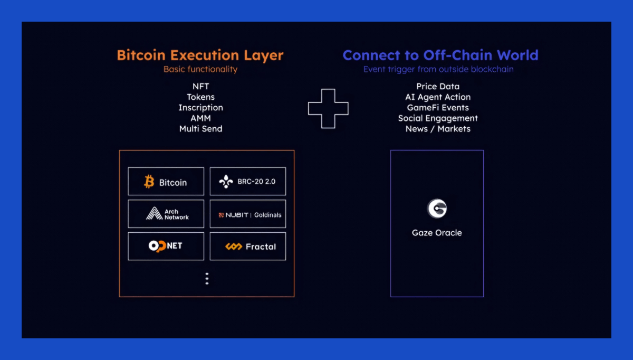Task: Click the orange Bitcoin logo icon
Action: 149,182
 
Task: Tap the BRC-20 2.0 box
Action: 248,182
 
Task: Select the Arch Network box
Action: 166,214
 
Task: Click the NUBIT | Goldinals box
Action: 248,214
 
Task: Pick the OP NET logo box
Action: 166,246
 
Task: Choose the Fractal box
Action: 248,246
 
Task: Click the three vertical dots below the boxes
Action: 207,279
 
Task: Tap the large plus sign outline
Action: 328,108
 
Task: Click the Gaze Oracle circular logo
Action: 437,209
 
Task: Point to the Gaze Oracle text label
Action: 437,232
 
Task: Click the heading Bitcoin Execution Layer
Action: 200,55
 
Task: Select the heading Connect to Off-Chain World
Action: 440,55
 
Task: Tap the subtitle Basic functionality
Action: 200,69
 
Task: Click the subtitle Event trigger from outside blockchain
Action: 438,69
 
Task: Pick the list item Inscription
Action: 200,108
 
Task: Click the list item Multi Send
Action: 200,129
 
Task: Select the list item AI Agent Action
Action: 438,97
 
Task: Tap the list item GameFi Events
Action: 438,108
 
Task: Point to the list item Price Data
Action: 438,87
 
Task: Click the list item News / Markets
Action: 438,129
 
